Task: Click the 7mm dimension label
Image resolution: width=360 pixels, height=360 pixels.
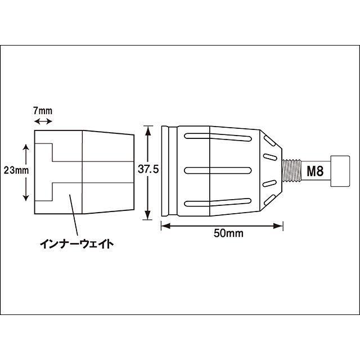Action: pyautogui.click(x=43, y=110)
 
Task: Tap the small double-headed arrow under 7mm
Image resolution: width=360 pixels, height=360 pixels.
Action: pyautogui.click(x=43, y=121)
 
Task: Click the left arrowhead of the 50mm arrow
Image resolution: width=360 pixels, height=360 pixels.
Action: pyautogui.click(x=164, y=226)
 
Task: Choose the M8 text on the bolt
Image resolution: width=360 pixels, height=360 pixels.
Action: pyautogui.click(x=315, y=171)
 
